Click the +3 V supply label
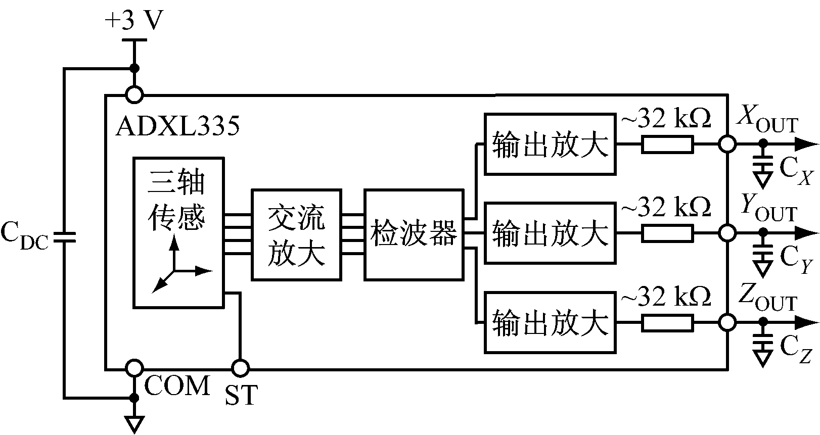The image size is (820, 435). (134, 21)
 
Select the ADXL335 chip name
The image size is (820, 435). (177, 126)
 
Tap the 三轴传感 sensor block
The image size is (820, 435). (178, 232)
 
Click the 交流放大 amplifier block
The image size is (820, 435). (296, 234)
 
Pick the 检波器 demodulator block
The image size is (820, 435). (414, 234)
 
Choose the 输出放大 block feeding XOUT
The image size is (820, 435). (550, 144)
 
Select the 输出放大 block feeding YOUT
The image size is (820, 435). (550, 233)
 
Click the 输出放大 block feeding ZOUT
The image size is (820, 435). (550, 322)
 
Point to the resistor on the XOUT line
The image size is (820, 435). (667, 144)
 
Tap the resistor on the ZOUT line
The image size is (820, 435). (667, 322)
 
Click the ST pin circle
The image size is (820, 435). (240, 368)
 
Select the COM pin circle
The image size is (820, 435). (134, 368)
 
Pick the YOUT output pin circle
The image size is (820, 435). (727, 233)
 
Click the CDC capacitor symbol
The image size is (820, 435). (64, 236)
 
